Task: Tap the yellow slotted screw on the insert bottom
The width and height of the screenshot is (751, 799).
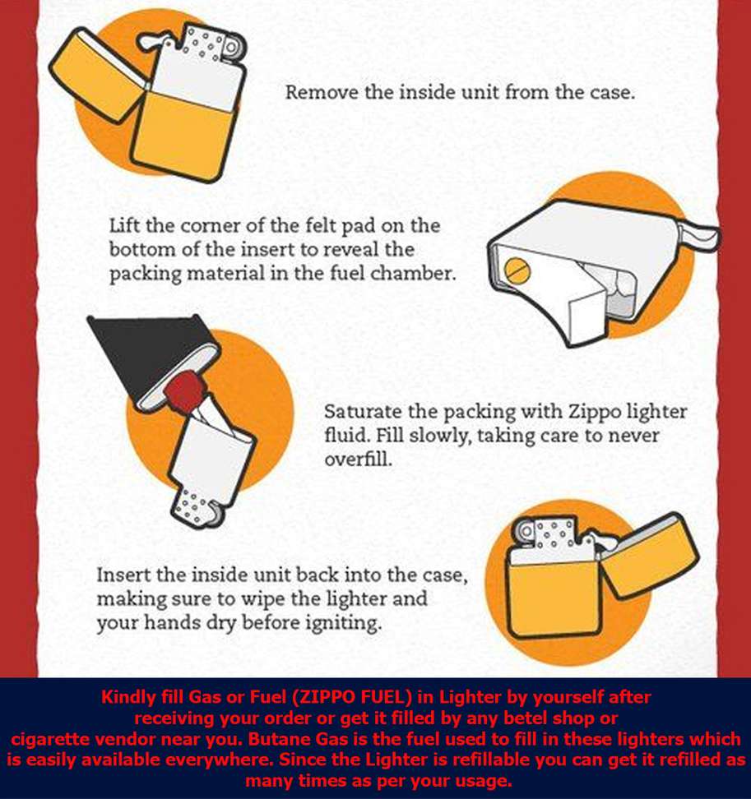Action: click(517, 270)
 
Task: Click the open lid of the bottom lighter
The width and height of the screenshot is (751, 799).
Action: click(648, 557)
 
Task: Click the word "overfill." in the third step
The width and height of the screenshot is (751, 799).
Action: click(359, 460)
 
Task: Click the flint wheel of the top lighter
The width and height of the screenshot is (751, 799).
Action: click(232, 48)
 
